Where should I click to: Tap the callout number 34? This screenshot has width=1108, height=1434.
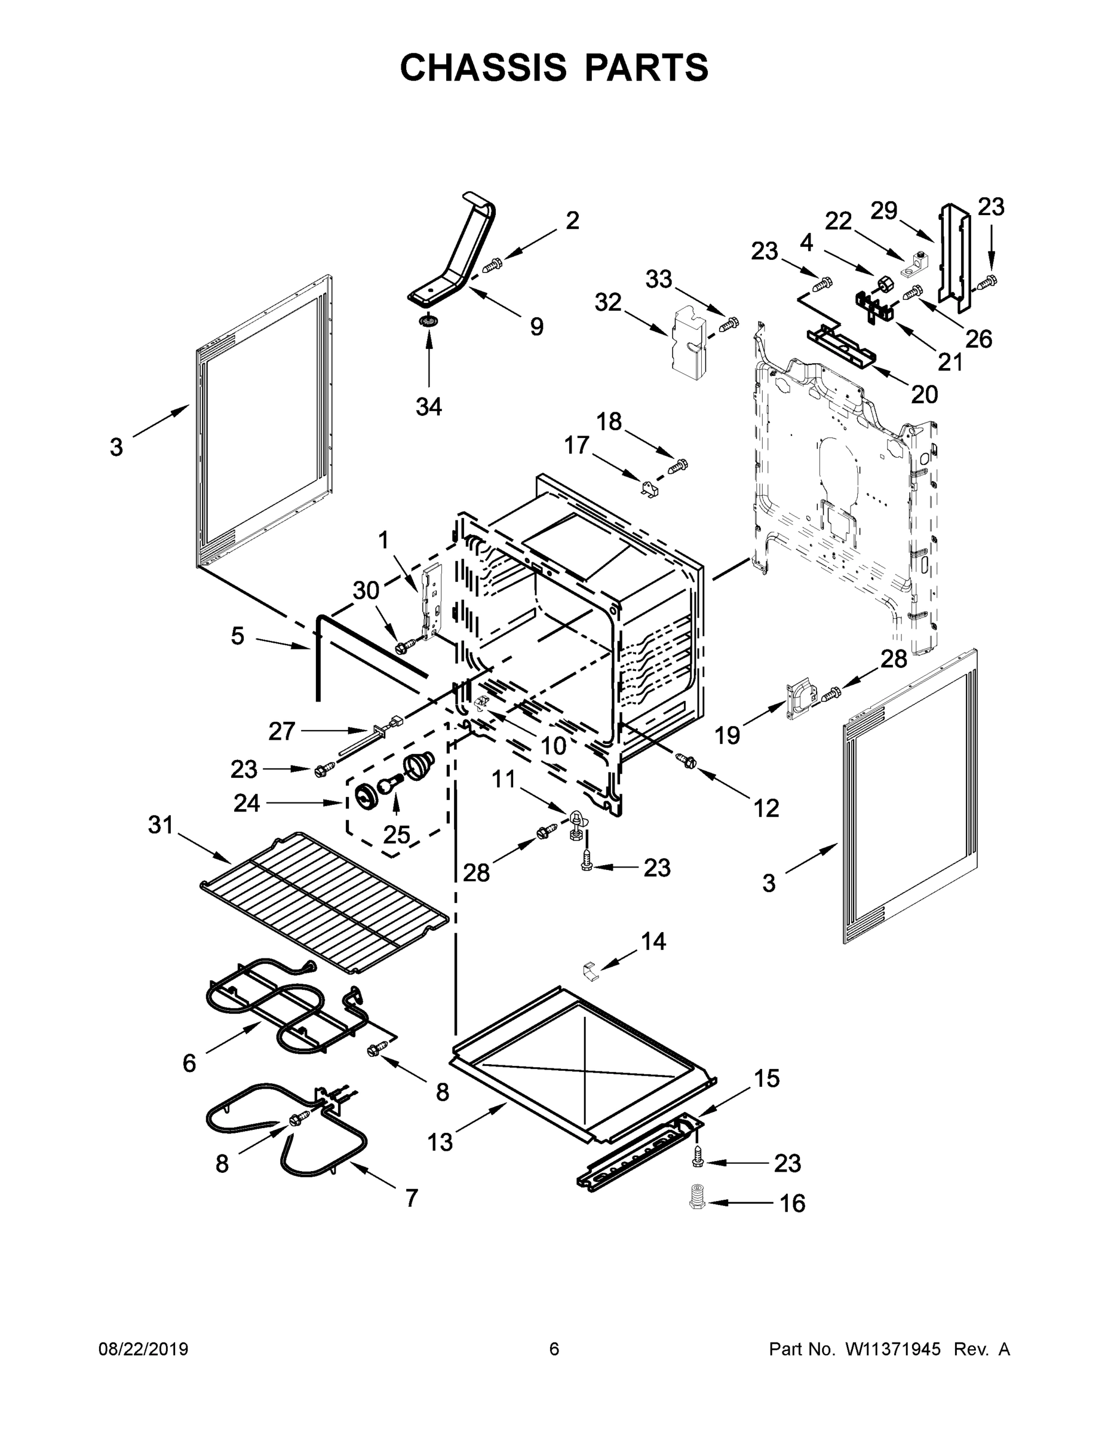point(429,407)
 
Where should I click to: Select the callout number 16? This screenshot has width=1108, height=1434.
point(792,1203)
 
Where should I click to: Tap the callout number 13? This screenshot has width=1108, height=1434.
point(440,1142)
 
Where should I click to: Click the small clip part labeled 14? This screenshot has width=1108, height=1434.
point(591,972)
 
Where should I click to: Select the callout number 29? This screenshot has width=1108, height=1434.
point(883,211)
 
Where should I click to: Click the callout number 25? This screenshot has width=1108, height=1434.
point(397,835)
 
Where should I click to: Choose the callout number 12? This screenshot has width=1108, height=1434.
point(766,808)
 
